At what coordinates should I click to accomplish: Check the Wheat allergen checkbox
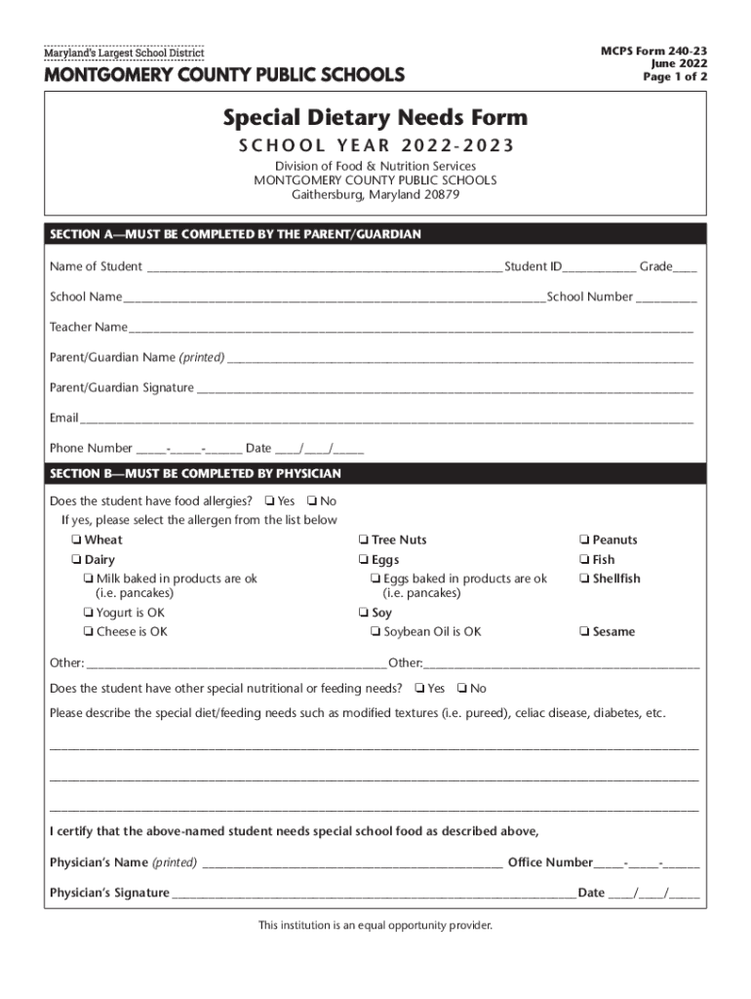pyautogui.click(x=75, y=540)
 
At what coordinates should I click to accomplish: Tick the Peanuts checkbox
pyautogui.click(x=583, y=540)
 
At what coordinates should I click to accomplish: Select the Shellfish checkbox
pyautogui.click(x=583, y=579)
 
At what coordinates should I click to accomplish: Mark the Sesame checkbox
pyautogui.click(x=583, y=632)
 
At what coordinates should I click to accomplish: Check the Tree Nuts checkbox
pyautogui.click(x=362, y=540)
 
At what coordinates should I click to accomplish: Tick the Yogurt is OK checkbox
pyautogui.click(x=88, y=614)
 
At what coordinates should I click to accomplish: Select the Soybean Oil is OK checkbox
pyautogui.click(x=375, y=632)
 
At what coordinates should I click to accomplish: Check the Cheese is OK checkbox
pyautogui.click(x=88, y=632)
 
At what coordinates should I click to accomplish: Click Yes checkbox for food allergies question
pyautogui.click(x=268, y=501)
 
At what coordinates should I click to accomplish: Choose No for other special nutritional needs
pyautogui.click(x=461, y=689)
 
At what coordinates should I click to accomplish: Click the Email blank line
pyautogui.click(x=386, y=420)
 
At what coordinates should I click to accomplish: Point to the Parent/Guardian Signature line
pyautogui.click(x=444, y=390)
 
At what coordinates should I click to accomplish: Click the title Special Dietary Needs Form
pyautogui.click(x=375, y=118)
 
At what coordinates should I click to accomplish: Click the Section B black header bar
pyautogui.click(x=375, y=474)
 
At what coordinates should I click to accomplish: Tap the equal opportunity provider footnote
pyautogui.click(x=375, y=925)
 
